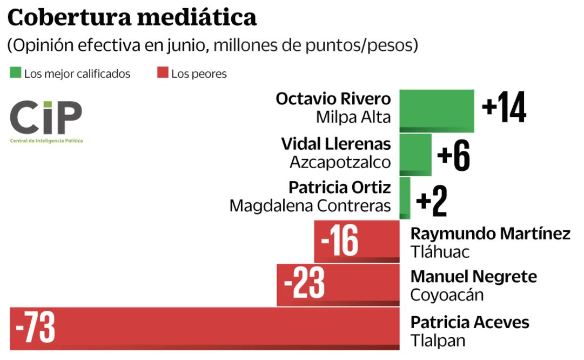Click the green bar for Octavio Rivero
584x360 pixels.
click(437, 111)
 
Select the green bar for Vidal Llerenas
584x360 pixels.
click(415, 155)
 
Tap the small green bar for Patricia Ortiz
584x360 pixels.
click(405, 198)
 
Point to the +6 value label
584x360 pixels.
click(454, 156)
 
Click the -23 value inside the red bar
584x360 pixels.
click(304, 284)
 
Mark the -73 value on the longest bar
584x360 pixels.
click(35, 328)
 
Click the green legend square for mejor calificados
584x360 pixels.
click(15, 73)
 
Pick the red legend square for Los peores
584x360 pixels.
click(163, 73)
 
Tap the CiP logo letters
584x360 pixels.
click(46, 117)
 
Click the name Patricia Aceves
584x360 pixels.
click(469, 323)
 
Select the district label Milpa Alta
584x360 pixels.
click(353, 117)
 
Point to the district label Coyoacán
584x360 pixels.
click(447, 295)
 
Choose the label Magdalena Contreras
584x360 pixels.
click(310, 206)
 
